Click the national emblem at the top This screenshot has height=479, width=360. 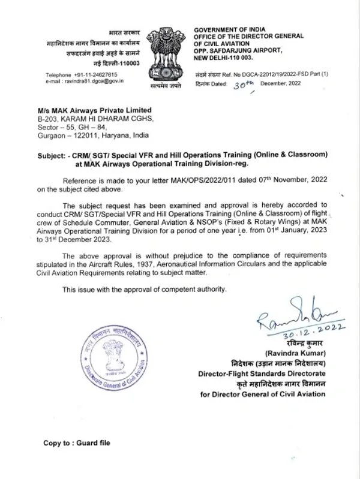coord(167,55)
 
